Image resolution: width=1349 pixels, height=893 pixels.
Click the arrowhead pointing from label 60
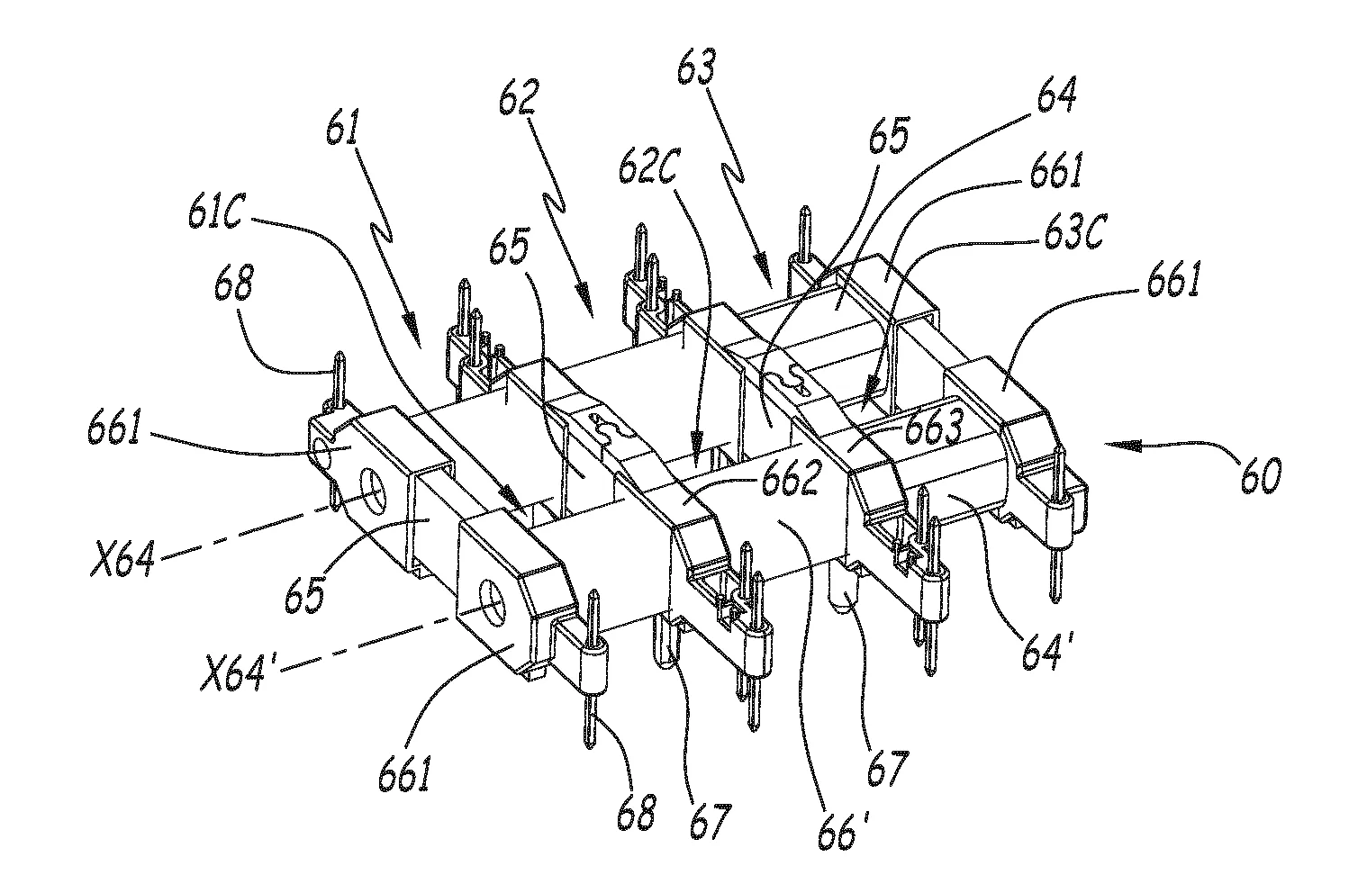point(1109,443)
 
